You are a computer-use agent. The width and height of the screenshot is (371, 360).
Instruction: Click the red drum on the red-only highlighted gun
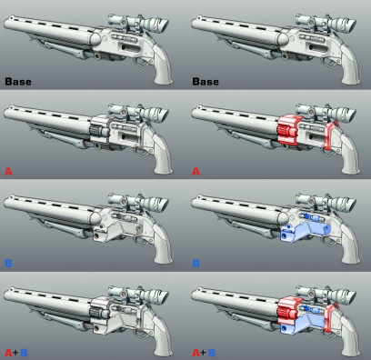(x=287, y=130)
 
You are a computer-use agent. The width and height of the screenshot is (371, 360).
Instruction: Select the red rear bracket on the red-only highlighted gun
(x=331, y=135)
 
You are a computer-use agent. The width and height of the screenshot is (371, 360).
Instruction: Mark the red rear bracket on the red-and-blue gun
(x=331, y=317)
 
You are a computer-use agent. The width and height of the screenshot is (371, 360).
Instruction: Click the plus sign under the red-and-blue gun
(x=203, y=352)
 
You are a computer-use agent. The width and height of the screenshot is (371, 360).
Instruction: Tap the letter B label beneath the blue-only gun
(x=196, y=263)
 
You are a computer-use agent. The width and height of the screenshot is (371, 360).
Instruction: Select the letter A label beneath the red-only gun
(x=196, y=172)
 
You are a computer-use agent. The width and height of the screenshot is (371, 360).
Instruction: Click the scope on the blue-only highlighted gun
(x=326, y=204)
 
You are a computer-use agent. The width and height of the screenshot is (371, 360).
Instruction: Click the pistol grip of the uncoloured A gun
(x=163, y=155)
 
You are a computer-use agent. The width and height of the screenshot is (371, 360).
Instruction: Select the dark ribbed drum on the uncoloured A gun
(x=97, y=131)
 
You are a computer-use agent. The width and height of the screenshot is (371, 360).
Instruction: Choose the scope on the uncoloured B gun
(x=138, y=204)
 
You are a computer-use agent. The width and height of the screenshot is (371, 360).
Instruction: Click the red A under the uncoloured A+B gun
(x=8, y=353)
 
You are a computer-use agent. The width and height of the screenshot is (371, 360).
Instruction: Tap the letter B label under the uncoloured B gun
(x=8, y=263)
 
